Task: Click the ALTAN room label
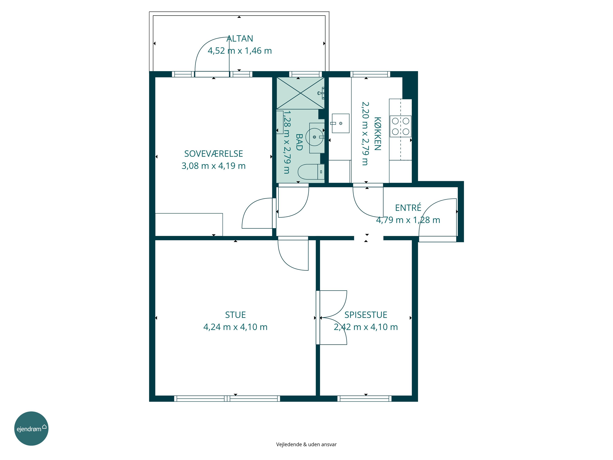(x=240, y=39)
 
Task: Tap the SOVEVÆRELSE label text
(x=214, y=154)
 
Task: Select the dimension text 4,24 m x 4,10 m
(x=235, y=327)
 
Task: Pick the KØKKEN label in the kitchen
(x=377, y=134)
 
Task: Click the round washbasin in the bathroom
(x=314, y=137)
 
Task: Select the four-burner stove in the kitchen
(x=400, y=126)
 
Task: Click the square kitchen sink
(x=341, y=123)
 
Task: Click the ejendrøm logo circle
(x=31, y=428)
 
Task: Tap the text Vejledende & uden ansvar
(x=306, y=444)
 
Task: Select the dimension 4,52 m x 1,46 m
(x=240, y=51)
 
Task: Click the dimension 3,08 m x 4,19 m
(x=214, y=166)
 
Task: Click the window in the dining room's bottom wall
(x=364, y=399)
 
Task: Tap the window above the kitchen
(x=370, y=74)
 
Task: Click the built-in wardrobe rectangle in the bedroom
(x=189, y=225)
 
